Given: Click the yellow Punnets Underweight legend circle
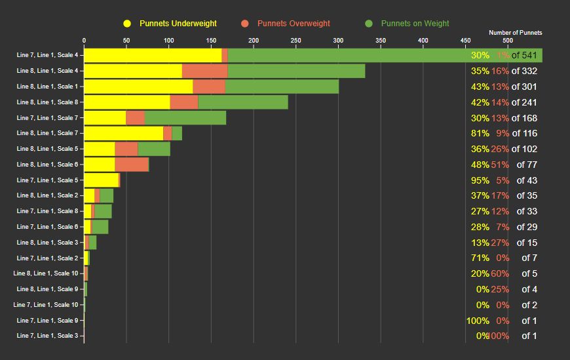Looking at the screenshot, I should pyautogui.click(x=127, y=24).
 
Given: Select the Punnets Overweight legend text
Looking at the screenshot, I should pyautogui.click(x=294, y=24).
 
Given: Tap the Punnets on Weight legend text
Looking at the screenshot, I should pyautogui.click(x=415, y=24).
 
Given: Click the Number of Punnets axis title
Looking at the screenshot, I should pyautogui.click(x=515, y=32).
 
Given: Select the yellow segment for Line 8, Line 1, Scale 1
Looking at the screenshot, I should pyautogui.click(x=138, y=87).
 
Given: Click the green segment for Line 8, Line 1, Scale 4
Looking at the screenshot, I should pyautogui.click(x=296, y=71).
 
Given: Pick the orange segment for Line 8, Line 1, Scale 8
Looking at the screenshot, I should pyautogui.click(x=183, y=102).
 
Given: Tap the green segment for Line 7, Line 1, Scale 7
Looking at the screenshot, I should pyautogui.click(x=185, y=118).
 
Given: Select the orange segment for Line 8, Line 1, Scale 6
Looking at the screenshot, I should pyautogui.click(x=132, y=165).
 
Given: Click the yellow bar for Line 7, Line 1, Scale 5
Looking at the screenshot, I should pyautogui.click(x=101, y=180).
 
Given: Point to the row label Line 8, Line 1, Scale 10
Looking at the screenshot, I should pyautogui.click(x=46, y=273).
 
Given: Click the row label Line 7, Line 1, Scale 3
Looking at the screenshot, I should pyautogui.click(x=47, y=336).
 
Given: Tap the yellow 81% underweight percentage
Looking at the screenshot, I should pyautogui.click(x=480, y=133).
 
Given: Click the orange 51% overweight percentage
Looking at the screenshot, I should pyautogui.click(x=500, y=165).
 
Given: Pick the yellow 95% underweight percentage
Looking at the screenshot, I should pyautogui.click(x=480, y=180).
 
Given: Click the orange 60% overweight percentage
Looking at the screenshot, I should pyautogui.click(x=500, y=273).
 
